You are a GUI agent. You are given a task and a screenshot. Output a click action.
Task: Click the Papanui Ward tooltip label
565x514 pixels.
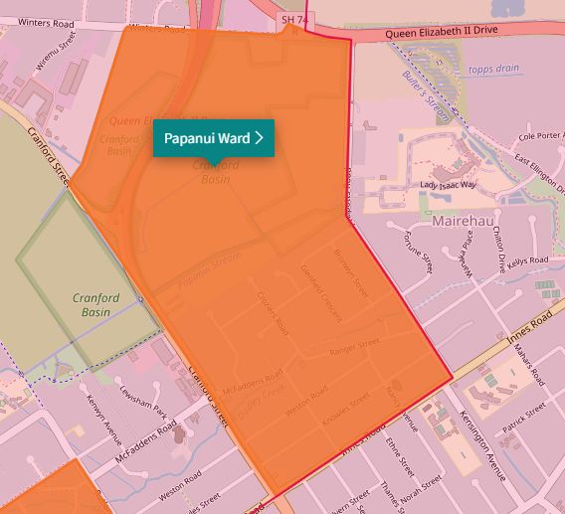click(213, 138)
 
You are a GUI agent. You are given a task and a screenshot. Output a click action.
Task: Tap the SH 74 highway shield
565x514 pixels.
click(291, 19)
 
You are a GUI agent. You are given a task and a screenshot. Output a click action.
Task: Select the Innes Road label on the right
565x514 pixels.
click(529, 327)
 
